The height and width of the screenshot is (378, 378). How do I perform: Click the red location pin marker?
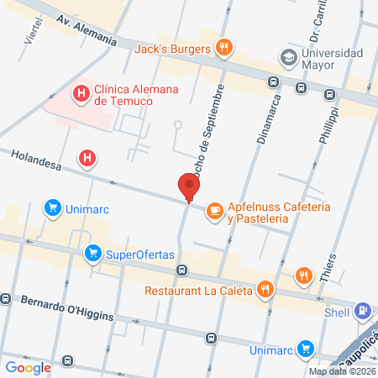click(189, 186)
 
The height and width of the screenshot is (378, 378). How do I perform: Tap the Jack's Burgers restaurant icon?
click(223, 47)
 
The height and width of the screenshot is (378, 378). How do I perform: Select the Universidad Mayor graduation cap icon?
click(289, 58)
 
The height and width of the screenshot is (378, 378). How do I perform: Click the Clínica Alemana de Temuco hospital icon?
click(81, 92)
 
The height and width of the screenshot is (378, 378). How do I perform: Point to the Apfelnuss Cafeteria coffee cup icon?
click(214, 207)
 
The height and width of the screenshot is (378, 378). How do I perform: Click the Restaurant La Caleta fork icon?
click(265, 291)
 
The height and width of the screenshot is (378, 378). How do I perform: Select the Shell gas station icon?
click(363, 310)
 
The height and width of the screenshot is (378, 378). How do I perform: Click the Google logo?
click(28, 367)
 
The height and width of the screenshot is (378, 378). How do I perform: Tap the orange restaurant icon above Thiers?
click(303, 275)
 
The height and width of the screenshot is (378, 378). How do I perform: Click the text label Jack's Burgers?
click(173, 48)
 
